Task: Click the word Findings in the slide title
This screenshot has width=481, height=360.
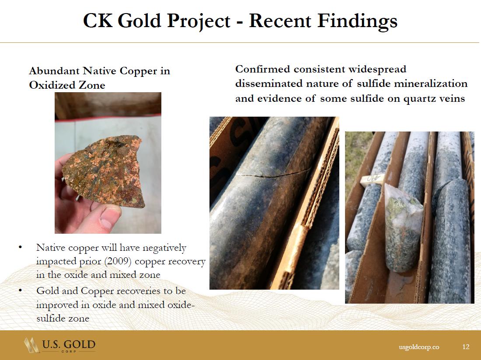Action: click(x=357, y=21)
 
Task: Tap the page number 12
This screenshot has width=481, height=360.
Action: click(x=466, y=346)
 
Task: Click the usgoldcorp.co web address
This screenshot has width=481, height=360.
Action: click(x=419, y=347)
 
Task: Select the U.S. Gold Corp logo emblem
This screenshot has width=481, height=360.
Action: click(x=32, y=345)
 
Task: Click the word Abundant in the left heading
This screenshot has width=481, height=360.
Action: click(x=55, y=71)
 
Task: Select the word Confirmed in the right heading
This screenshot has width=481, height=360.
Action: click(x=263, y=69)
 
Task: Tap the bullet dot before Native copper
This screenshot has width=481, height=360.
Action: click(x=20, y=247)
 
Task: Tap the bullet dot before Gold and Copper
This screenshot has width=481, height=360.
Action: click(x=20, y=290)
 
